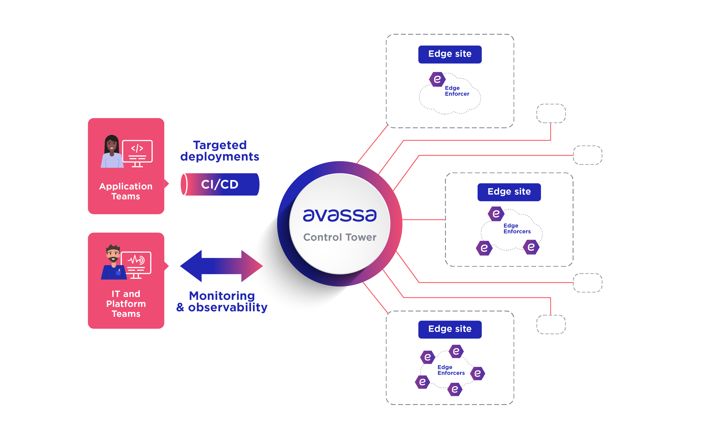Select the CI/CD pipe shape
pyautogui.click(x=220, y=184)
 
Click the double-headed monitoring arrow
pyautogui.click(x=221, y=266)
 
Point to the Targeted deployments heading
pyautogui.click(x=220, y=151)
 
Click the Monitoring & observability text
pyautogui.click(x=222, y=301)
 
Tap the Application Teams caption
pyautogui.click(x=126, y=191)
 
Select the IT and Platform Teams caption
pyautogui.click(x=126, y=304)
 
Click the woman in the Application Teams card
pyautogui.click(x=111, y=152)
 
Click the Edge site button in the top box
pyautogui.click(x=450, y=54)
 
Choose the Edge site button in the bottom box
pyautogui.click(x=450, y=329)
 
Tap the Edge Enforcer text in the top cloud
pyautogui.click(x=457, y=91)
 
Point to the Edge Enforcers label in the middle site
pyautogui.click(x=517, y=229)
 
